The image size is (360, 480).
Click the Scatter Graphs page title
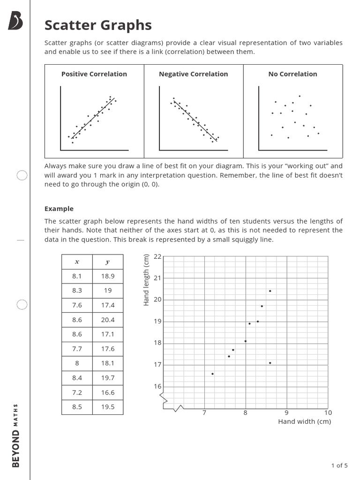(x=98, y=25)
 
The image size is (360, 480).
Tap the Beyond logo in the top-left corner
(x=15, y=21)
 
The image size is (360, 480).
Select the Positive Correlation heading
(x=94, y=74)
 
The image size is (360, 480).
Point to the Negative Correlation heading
(x=193, y=74)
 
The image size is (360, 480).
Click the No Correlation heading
(x=292, y=74)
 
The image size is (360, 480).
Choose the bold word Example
(x=59, y=209)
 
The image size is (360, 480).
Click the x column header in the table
(x=77, y=262)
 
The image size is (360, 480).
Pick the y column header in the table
(x=108, y=262)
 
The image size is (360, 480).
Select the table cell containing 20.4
(x=108, y=320)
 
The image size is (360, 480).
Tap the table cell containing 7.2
(x=77, y=392)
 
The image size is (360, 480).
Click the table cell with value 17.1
(x=108, y=334)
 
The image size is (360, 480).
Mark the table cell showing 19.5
(x=108, y=407)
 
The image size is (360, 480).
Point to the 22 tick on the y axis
(x=157, y=256)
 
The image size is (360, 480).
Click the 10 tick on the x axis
(x=328, y=412)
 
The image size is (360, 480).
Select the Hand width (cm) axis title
(x=304, y=421)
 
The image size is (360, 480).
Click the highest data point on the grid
(x=270, y=291)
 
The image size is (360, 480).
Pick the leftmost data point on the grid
(x=212, y=374)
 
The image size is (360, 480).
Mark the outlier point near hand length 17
(x=270, y=363)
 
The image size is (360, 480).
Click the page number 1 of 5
(x=339, y=465)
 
